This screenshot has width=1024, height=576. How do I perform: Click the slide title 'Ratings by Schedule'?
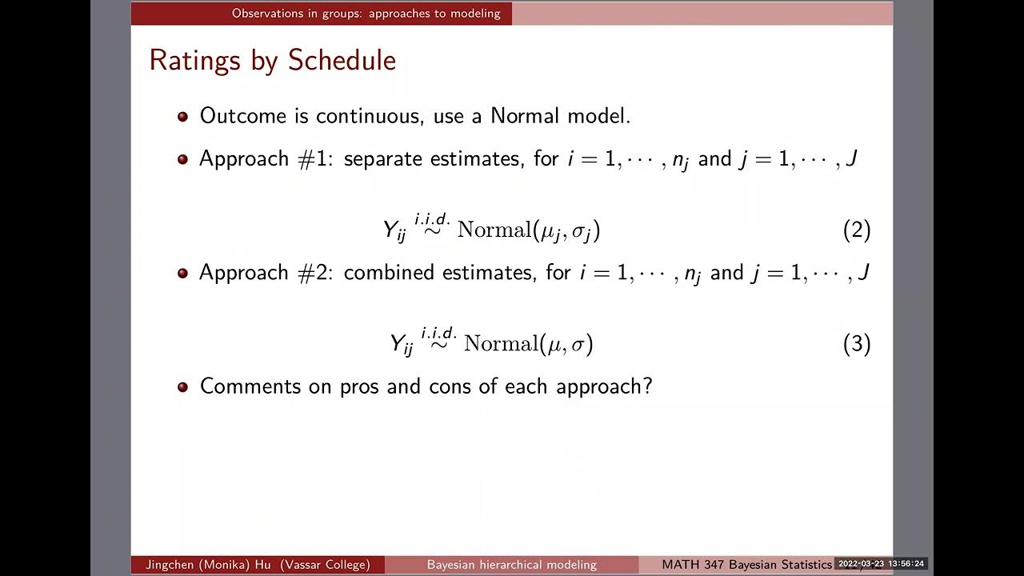pos(272,61)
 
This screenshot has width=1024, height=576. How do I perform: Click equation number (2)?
pos(856,230)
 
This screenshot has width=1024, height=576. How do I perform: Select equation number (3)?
pos(856,344)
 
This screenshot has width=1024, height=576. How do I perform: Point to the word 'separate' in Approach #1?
pos(382,159)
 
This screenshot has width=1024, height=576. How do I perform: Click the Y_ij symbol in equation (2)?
pos(394,231)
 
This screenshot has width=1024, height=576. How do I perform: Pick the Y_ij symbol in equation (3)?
pos(402,345)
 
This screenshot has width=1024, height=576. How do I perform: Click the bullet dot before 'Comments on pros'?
pos(182,387)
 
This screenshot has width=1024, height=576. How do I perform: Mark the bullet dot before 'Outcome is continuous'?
pos(182,117)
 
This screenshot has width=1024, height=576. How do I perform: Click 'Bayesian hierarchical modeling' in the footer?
pos(511,565)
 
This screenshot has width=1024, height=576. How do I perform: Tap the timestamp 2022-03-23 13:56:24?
pos(881,564)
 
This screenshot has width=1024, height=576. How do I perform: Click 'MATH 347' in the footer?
pos(693,565)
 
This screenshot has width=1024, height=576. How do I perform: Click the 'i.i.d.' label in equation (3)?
pos(439,332)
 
